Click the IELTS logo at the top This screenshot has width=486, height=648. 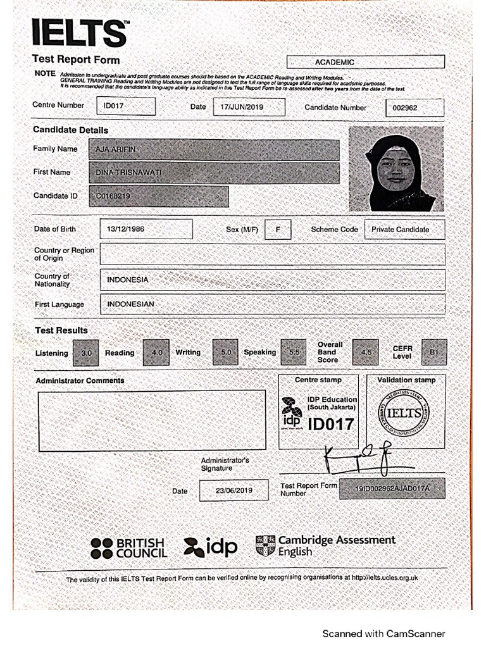(x=80, y=33)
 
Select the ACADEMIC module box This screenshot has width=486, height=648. (x=365, y=62)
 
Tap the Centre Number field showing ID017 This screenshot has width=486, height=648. (x=126, y=106)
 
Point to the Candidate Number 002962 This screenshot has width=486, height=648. (x=414, y=108)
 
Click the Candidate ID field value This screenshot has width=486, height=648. (x=159, y=197)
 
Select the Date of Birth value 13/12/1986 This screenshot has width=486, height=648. (x=146, y=229)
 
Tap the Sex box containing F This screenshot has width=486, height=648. (x=278, y=229)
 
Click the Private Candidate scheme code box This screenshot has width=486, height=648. (x=404, y=229)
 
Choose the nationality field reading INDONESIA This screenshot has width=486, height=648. (x=272, y=280)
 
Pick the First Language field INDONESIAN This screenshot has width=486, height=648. (x=272, y=304)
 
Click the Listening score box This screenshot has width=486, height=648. (x=86, y=353)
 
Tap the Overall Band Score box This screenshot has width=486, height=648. (x=365, y=352)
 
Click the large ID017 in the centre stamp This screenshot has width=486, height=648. (x=330, y=424)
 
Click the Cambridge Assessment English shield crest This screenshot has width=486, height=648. (x=264, y=545)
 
